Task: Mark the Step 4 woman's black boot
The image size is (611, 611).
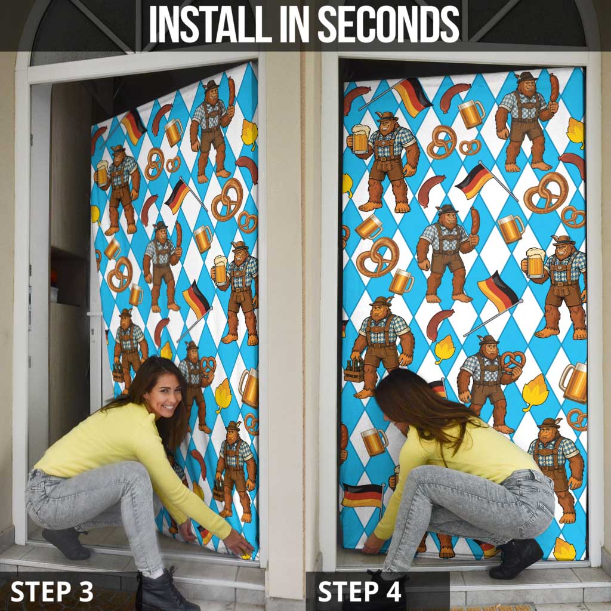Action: (516, 558)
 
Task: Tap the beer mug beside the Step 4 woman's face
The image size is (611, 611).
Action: (374, 441)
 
